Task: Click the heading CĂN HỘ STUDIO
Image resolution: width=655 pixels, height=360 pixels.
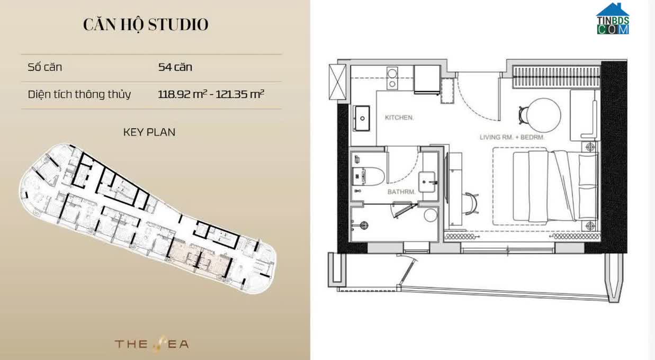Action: (146, 24)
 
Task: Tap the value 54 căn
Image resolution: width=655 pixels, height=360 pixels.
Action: (175, 67)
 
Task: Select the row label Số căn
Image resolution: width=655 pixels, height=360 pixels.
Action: (44, 67)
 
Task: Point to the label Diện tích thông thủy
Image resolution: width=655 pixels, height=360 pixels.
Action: (79, 94)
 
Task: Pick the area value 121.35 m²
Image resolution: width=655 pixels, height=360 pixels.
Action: (240, 94)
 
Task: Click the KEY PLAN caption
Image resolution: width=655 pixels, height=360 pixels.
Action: (149, 132)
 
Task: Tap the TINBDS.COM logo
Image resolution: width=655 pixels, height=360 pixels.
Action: (613, 19)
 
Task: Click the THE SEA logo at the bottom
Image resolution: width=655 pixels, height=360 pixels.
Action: (152, 344)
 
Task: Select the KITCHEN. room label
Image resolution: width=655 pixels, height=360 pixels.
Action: (399, 118)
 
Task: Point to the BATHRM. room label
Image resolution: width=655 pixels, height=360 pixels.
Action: (401, 192)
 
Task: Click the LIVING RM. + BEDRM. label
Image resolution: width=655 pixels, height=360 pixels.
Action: (512, 137)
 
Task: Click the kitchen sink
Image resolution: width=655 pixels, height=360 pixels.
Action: (362, 119)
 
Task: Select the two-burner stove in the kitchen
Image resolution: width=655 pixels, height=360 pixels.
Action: (392, 78)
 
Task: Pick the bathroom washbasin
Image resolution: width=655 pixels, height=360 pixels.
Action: (427, 182)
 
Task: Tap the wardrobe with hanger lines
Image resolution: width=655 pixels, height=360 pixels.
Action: (556, 77)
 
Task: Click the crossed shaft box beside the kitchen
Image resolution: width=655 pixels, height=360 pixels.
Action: (337, 82)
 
